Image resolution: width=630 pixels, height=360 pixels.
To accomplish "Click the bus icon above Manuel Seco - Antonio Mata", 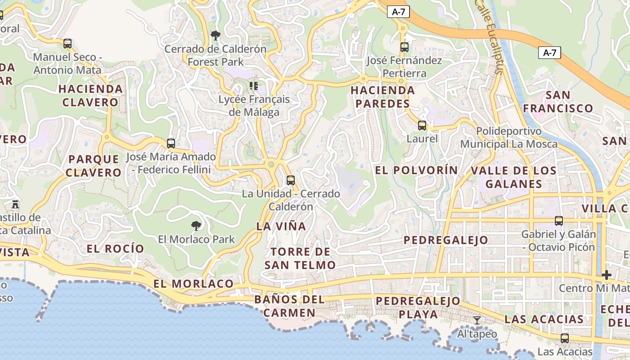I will click(x=67, y=44).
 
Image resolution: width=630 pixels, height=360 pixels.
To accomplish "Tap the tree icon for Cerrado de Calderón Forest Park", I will click(x=216, y=35).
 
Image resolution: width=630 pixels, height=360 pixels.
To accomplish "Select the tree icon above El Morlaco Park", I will click(x=196, y=225).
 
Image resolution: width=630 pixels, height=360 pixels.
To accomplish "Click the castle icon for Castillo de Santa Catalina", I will click(x=16, y=204).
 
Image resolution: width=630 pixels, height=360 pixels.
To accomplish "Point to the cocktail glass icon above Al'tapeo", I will click(x=477, y=320).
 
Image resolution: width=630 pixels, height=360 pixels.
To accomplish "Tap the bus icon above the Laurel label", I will click(x=422, y=126).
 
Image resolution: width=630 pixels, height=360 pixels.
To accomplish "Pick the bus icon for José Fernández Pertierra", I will click(x=405, y=47).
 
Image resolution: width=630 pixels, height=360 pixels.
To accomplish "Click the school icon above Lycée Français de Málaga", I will click(x=254, y=85).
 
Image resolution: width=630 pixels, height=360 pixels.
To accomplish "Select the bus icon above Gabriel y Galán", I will click(x=559, y=221).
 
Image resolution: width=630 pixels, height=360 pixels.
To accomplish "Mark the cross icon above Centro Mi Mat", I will click(x=607, y=274).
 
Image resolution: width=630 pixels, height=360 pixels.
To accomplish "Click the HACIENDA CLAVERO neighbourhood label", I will click(x=90, y=95).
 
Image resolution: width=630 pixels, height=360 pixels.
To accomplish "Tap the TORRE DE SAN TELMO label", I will click(x=300, y=258).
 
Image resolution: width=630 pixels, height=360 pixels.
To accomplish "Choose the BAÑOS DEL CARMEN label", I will click(x=289, y=306).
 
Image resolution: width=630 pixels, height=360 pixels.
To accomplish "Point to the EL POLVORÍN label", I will click(x=416, y=170).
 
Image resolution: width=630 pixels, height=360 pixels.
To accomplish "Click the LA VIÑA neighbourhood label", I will click(x=281, y=226).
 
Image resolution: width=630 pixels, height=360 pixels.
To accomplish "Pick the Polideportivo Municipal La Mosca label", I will click(x=508, y=138).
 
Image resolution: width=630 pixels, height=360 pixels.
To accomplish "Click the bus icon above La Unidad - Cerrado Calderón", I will click(x=291, y=180).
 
